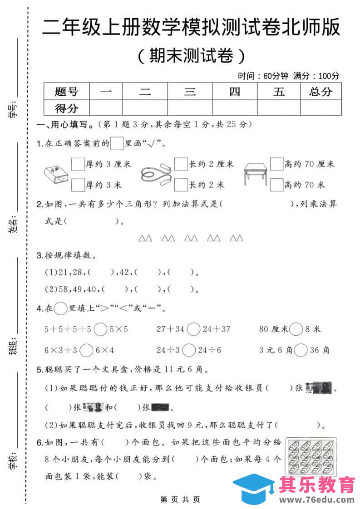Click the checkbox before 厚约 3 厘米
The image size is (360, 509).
(78, 163)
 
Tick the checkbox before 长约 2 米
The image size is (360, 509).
(181, 185)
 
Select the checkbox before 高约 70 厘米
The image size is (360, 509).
(276, 163)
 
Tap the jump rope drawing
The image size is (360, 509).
(155, 174)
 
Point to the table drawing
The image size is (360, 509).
(256, 174)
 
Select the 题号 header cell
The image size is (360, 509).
(66, 92)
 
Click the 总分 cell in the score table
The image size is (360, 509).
(320, 92)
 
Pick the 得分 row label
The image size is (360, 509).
(66, 108)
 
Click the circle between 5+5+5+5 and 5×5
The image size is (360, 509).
(101, 329)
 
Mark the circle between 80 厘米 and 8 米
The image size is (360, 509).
(296, 329)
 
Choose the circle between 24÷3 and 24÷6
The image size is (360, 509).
(189, 350)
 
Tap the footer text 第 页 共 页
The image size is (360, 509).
(180, 499)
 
